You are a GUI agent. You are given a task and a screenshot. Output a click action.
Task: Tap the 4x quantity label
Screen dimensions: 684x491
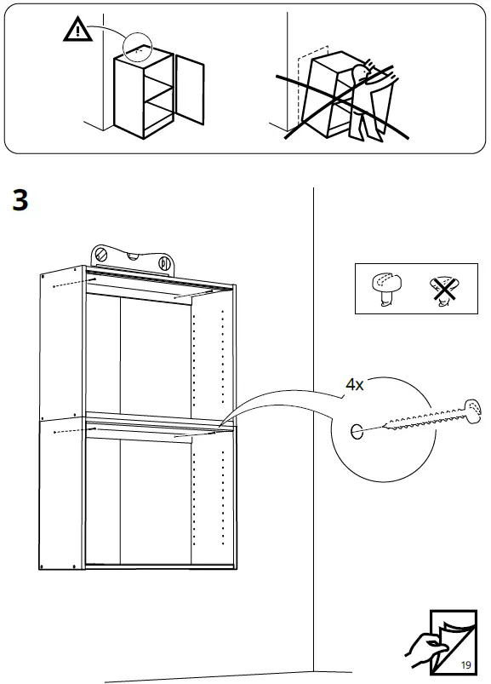(x=354, y=385)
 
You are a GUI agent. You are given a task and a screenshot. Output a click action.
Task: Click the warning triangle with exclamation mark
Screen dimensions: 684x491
(x=77, y=32)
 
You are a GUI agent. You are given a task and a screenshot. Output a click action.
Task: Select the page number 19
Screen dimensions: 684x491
(x=465, y=663)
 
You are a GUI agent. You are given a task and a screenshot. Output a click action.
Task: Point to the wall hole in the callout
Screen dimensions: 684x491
(x=356, y=431)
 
